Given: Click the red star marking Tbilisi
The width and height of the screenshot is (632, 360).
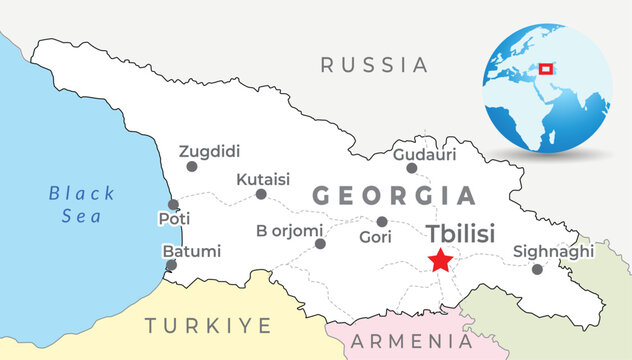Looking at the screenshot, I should [x=439, y=261].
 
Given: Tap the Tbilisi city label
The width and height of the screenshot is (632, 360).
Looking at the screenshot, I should [x=460, y=233].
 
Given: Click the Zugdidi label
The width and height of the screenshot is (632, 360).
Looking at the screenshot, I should [x=210, y=151].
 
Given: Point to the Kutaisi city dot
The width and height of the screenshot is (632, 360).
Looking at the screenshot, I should [x=261, y=194].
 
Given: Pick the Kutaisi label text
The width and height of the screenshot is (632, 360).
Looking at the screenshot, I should [x=263, y=179].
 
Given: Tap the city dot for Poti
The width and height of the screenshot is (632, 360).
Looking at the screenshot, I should [x=173, y=204].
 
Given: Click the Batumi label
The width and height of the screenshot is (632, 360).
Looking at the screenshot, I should [x=192, y=251].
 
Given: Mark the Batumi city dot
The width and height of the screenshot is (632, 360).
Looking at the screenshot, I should [x=171, y=266].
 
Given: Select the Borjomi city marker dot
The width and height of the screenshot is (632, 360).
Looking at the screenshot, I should [x=320, y=243].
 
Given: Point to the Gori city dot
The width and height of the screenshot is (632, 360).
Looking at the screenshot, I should [x=381, y=222].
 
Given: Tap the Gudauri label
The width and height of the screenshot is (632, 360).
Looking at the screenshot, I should [x=424, y=155].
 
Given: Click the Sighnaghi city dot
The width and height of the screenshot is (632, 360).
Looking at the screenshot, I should [x=537, y=269].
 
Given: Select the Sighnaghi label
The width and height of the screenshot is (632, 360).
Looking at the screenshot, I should [x=552, y=252].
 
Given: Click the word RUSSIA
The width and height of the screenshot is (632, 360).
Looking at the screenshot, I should [x=374, y=65].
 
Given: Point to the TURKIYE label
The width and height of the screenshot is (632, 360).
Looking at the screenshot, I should [x=208, y=326].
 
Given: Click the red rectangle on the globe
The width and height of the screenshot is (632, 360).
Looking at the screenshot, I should [x=546, y=69].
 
